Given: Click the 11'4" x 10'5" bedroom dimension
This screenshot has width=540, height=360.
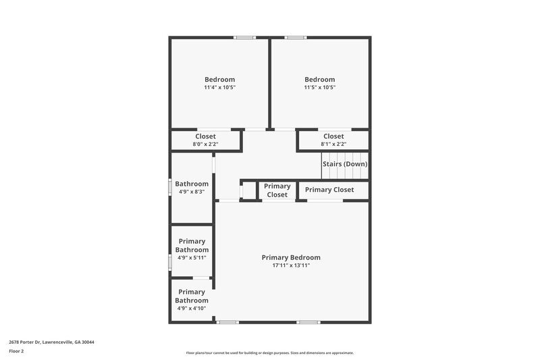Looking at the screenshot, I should [x=219, y=88].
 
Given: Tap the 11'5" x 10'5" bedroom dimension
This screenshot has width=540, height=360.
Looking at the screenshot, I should [x=319, y=88].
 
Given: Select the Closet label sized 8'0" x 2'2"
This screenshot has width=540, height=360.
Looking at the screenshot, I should [x=205, y=136].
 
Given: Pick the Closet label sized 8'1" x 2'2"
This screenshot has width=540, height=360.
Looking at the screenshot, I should [x=333, y=136].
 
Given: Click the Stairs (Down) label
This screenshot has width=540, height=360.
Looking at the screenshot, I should [x=344, y=164].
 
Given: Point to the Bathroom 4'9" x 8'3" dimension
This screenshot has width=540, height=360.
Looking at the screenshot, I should [x=192, y=192].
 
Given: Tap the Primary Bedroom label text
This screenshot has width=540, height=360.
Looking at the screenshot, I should [x=291, y=257].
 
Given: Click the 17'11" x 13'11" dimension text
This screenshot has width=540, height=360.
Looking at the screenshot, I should [x=291, y=265].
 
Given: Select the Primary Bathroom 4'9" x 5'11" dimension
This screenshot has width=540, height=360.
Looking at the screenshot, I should [x=192, y=257].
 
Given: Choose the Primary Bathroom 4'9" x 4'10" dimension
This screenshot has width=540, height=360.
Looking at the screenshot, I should [x=192, y=309].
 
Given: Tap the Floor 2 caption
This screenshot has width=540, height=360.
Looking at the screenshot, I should [x=16, y=351].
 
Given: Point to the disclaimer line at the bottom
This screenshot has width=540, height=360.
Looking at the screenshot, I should [x=269, y=353].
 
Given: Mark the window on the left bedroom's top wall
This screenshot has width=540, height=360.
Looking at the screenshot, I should [x=244, y=37].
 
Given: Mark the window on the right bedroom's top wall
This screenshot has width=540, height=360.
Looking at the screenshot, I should [x=296, y=37].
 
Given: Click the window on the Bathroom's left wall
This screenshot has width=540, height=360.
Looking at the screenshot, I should [x=169, y=186].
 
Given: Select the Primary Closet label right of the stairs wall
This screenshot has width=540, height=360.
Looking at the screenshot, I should [x=329, y=190].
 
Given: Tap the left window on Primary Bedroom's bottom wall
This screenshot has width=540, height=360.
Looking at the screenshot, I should [x=227, y=322].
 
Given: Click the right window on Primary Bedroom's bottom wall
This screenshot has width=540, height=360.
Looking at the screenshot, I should [x=308, y=322].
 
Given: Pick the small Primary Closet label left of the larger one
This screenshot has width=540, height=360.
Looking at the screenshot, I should [x=277, y=190].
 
